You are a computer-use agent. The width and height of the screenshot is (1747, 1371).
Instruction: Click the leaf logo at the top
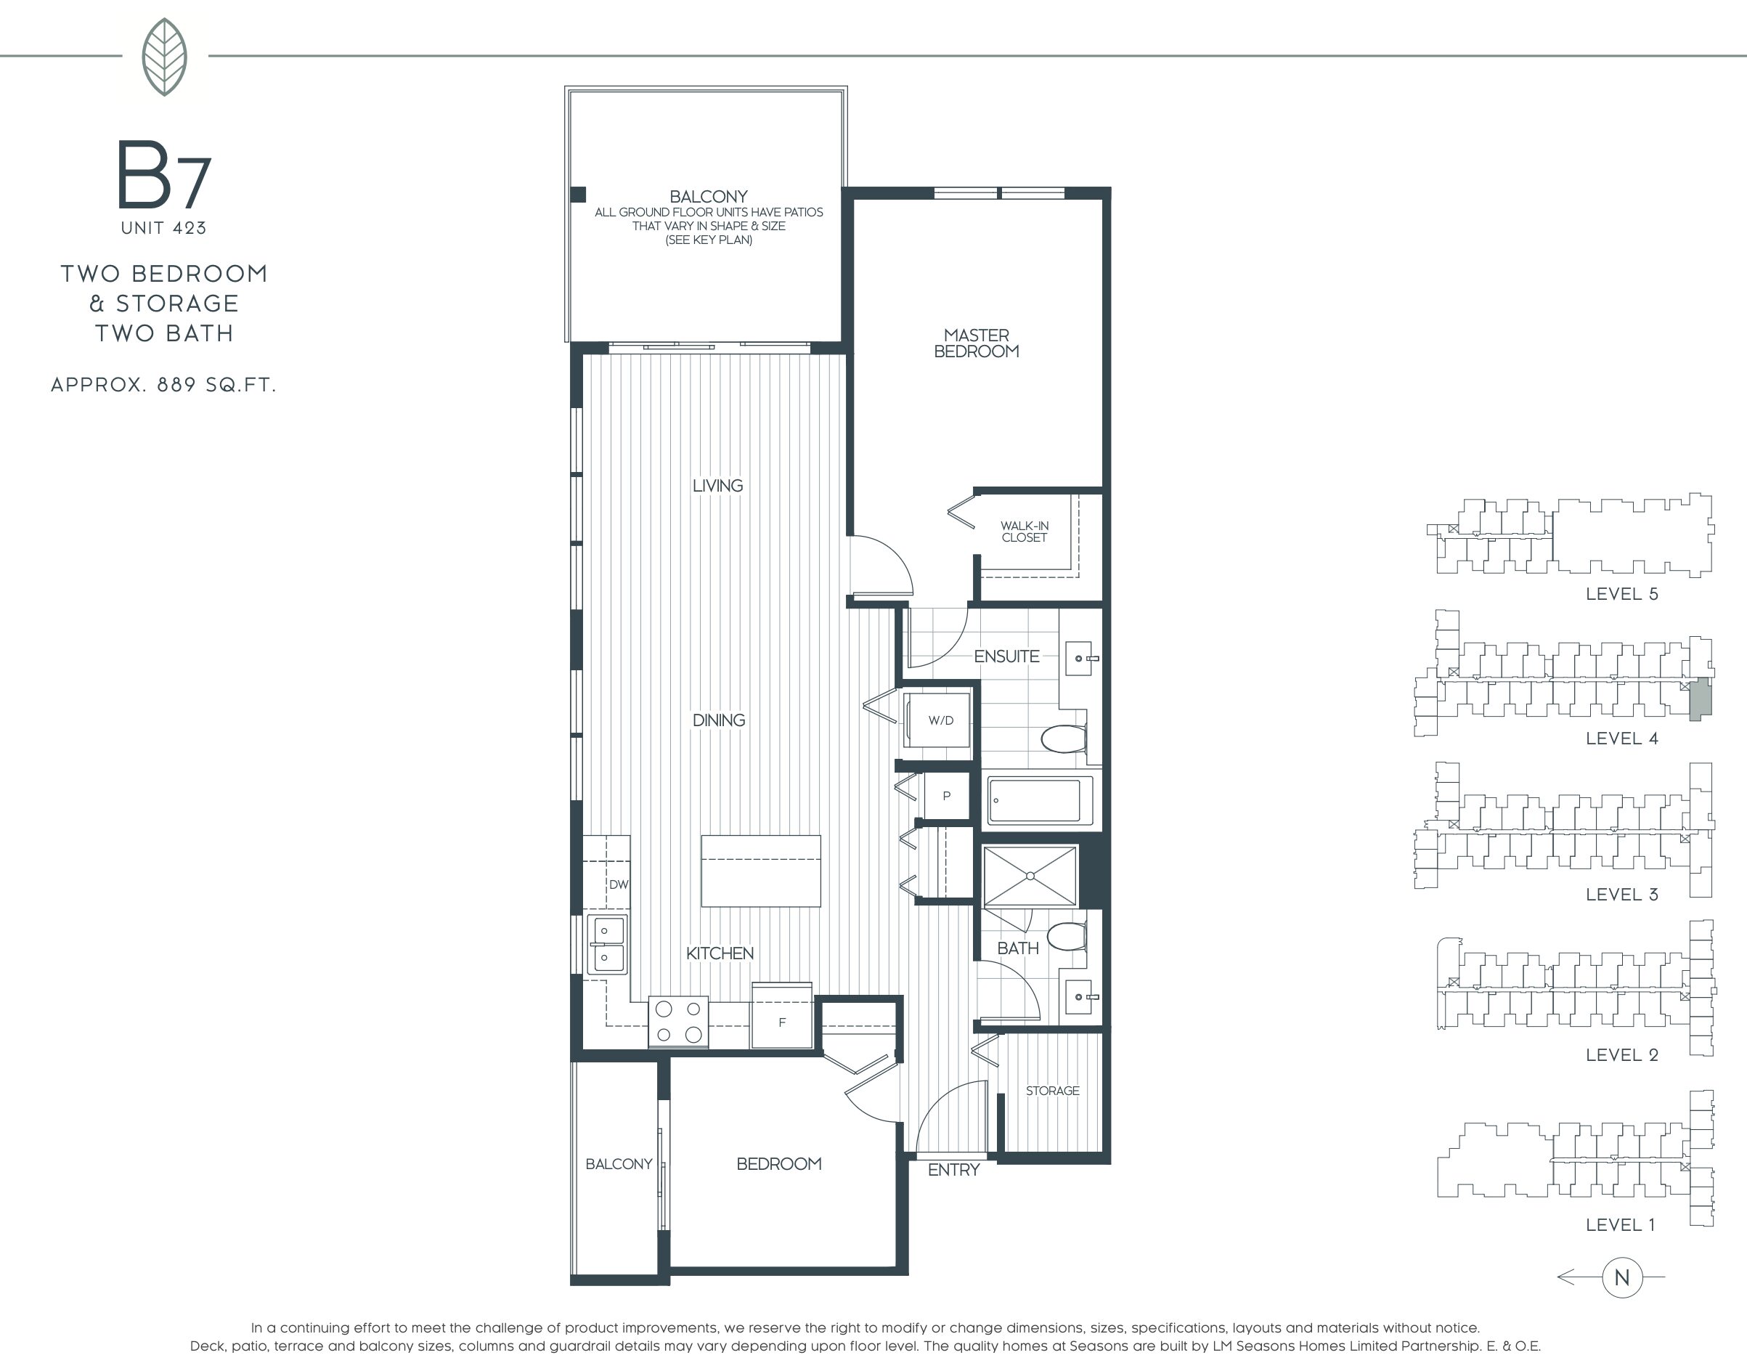tap(165, 57)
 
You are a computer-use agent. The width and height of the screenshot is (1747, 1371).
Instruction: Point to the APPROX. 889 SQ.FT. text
tap(163, 384)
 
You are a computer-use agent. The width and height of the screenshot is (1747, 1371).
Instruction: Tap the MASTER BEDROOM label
tap(977, 343)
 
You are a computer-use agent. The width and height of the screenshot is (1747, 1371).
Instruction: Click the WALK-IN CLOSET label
tap(1024, 532)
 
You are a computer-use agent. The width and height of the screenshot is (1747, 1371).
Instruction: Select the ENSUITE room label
tap(1006, 656)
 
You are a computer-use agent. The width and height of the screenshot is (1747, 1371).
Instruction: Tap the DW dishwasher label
tap(618, 884)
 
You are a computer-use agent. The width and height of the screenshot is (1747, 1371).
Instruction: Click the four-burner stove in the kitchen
tap(678, 1022)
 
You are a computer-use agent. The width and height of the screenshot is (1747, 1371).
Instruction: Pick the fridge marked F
tap(781, 1016)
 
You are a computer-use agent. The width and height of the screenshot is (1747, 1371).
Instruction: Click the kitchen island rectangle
tap(761, 871)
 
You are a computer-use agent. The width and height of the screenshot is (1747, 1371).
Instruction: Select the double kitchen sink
tap(608, 944)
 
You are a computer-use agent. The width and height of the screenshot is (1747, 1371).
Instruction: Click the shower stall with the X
tap(1030, 876)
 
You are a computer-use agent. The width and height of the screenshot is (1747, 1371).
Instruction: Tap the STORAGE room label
tap(1052, 1090)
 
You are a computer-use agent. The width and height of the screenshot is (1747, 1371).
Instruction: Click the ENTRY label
tap(953, 1170)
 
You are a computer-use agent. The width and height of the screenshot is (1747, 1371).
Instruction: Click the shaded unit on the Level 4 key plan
tap(1701, 699)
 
